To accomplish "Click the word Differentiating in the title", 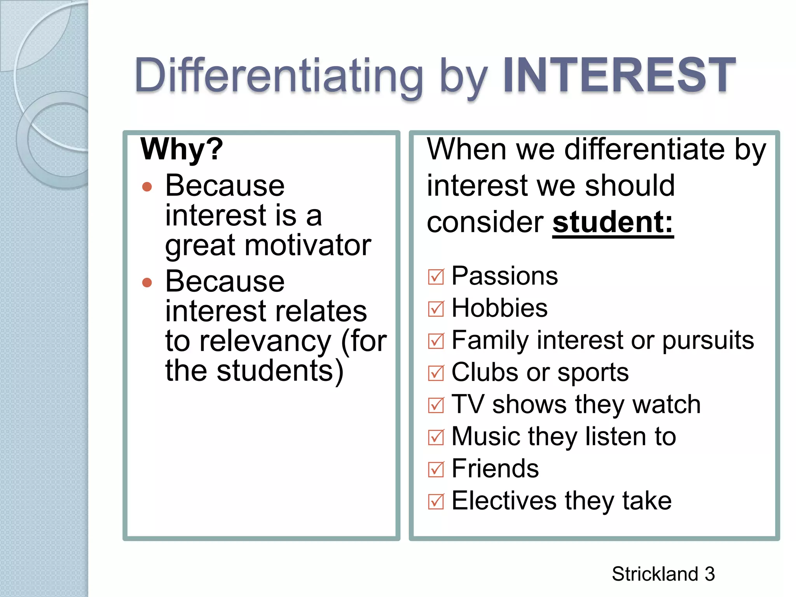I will point(279,76).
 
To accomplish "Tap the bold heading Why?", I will point(182,149).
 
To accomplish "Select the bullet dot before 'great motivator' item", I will point(147,187).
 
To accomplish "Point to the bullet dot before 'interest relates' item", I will point(147,282).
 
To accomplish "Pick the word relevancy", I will point(265,341).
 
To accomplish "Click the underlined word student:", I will point(613,222).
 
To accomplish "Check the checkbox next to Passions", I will point(436,277).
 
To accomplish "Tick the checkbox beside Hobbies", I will point(436,309).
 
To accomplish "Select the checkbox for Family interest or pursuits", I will point(436,341).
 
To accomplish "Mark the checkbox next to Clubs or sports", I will point(436,374).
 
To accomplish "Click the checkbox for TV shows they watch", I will point(436,405).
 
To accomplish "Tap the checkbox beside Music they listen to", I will point(436,438).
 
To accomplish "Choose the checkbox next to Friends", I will point(436,470).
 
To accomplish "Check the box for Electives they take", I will point(436,502).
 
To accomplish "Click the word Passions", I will point(504,276).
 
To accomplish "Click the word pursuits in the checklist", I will point(708,340).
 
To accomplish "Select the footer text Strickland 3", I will point(663,574).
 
